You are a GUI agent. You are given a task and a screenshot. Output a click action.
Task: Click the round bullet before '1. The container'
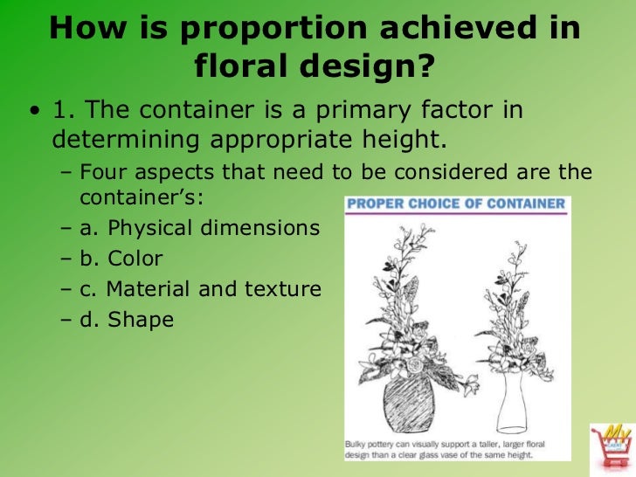point(34,111)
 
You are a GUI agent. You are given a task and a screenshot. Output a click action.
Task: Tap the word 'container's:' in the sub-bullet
point(141,197)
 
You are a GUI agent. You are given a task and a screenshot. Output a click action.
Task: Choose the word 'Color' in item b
point(135,259)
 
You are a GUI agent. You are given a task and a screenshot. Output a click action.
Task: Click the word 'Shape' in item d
point(141,320)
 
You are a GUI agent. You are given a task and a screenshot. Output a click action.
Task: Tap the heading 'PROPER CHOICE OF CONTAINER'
point(457,204)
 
